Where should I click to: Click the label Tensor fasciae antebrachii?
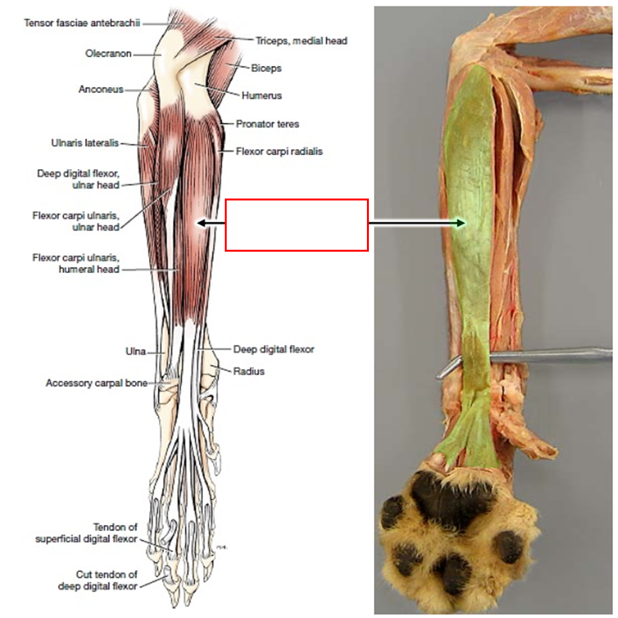[81, 23]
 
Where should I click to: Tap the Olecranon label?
[108, 54]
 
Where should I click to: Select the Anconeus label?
[101, 90]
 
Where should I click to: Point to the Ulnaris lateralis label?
[85, 143]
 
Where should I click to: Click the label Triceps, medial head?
[301, 41]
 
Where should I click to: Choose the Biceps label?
[266, 68]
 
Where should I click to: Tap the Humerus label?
[261, 95]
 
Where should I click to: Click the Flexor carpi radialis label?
[279, 152]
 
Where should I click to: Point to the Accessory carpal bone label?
[96, 383]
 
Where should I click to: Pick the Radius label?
[249, 371]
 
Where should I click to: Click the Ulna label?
[135, 351]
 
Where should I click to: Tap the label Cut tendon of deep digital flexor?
[97, 580]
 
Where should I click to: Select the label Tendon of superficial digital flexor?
[86, 533]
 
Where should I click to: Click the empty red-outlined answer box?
[297, 225]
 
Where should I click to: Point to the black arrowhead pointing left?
[201, 223]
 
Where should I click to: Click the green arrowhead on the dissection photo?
[462, 223]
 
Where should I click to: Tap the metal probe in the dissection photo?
[544, 354]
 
